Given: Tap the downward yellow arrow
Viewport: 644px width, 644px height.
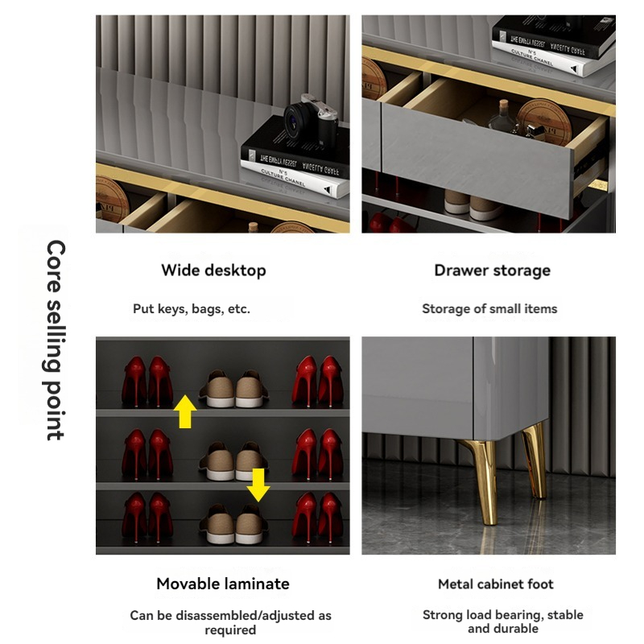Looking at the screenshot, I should click(258, 484).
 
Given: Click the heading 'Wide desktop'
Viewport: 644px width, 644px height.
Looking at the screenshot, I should click(213, 270).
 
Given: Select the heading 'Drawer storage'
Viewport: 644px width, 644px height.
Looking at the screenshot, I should click(492, 270).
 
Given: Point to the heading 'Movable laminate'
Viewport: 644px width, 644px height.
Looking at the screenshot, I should click(223, 584).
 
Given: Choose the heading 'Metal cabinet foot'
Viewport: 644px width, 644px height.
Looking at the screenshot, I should click(496, 584).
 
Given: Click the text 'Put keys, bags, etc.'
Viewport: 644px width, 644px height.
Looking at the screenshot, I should click(192, 308).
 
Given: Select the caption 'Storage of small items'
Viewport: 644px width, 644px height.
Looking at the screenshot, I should click(489, 308).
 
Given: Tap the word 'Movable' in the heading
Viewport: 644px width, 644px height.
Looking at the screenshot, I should click(184, 584).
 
